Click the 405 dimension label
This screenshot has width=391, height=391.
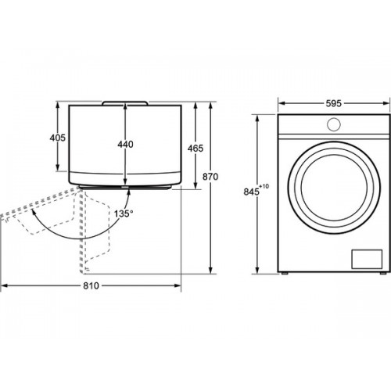[58, 138]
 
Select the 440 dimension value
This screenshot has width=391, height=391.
[125, 144]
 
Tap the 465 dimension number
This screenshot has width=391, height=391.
[195, 149]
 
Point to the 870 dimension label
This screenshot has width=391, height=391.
[210, 177]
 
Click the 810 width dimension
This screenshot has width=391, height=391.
[91, 286]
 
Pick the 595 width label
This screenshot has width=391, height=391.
[334, 103]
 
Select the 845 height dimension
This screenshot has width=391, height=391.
[252, 192]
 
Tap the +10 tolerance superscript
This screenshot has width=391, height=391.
[264, 186]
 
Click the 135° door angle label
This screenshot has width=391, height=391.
[124, 213]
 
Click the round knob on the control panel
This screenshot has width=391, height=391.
[334, 124]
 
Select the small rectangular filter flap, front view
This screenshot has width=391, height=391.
[367, 259]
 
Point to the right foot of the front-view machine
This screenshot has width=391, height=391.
[383, 274]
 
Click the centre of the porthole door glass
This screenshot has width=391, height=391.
[334, 188]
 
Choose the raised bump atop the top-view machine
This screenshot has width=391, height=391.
[125, 103]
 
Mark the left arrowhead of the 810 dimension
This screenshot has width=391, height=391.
[5, 286]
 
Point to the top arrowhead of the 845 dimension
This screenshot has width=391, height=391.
[257, 119]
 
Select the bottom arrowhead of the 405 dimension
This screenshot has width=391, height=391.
[58, 167]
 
